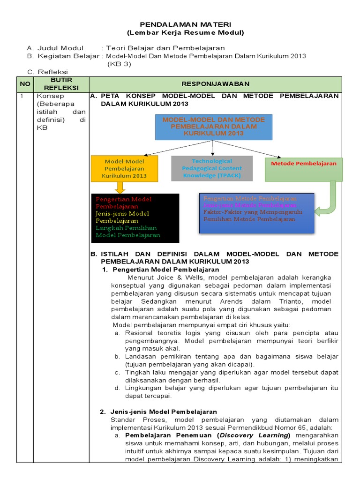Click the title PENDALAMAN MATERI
(x=186, y=24)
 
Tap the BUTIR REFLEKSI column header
(x=61, y=84)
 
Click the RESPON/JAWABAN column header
(x=216, y=84)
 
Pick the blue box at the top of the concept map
(x=213, y=127)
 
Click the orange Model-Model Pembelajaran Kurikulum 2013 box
(x=124, y=168)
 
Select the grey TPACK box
(x=212, y=168)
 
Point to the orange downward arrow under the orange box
(x=120, y=187)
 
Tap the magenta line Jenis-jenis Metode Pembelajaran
(x=250, y=205)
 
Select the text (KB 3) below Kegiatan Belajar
(x=119, y=64)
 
